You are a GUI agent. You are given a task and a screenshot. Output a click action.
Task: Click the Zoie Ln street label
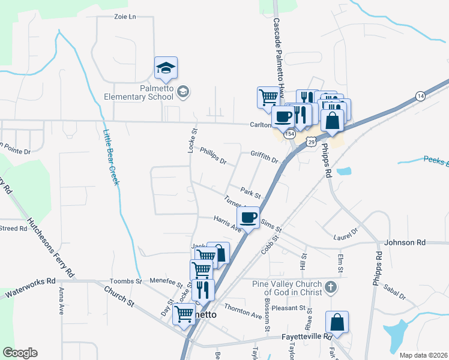[x=125, y=17]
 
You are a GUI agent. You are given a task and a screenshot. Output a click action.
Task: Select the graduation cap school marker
[x=166, y=68]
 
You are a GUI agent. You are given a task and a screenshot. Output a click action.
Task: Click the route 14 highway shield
[x=420, y=96]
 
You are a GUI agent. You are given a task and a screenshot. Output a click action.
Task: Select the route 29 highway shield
[x=310, y=141]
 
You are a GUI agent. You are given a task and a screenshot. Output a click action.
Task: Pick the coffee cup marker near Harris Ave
[x=249, y=217]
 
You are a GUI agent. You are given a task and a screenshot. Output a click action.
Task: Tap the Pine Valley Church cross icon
[x=330, y=289]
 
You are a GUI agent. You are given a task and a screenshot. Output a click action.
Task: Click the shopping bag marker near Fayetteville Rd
[x=337, y=322]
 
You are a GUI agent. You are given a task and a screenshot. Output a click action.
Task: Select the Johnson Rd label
[x=405, y=242]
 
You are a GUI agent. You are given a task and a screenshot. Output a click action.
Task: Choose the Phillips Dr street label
[x=212, y=157]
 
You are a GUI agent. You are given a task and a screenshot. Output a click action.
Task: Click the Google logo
[x=20, y=353]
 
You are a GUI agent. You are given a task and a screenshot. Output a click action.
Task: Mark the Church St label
[x=119, y=296]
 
